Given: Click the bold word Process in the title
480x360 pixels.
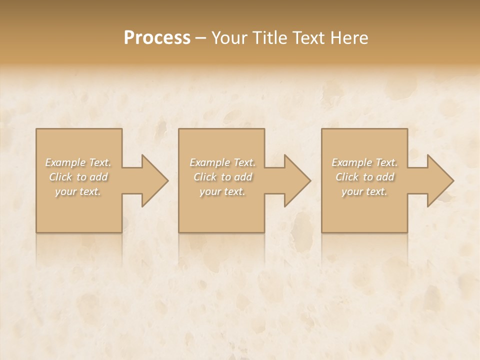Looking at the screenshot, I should click(x=157, y=38).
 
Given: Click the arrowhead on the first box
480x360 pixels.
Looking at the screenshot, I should click(x=153, y=180).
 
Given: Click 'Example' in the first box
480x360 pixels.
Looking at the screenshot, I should click(x=65, y=162).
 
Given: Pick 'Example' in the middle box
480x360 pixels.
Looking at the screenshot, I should click(x=209, y=162).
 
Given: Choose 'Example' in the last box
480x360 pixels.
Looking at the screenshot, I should click(x=351, y=162).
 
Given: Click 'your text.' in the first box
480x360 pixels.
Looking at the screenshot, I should click(x=78, y=191).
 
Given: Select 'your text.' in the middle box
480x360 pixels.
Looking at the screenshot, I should click(x=222, y=191).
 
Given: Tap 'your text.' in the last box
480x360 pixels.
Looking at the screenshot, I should click(x=364, y=191).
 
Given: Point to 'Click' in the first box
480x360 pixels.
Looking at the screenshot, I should click(x=60, y=177).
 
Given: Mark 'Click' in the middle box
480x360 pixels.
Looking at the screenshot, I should click(x=204, y=177).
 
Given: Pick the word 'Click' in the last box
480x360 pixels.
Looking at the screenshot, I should click(x=346, y=177).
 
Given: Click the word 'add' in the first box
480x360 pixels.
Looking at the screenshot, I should click(x=99, y=177).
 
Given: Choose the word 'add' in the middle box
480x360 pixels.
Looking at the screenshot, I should click(x=243, y=177).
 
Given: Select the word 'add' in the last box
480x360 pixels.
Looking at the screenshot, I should click(x=385, y=177).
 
